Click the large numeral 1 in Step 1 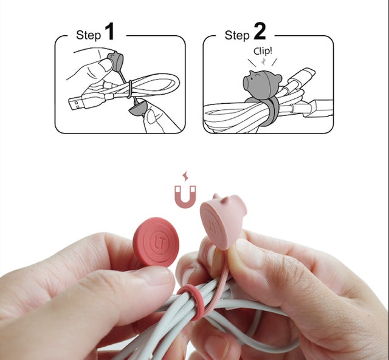coord(109,32)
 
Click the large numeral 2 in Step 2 coord(260,31)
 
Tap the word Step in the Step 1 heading coord(88,35)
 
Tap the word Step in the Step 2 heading coord(236,35)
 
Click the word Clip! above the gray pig coord(263,51)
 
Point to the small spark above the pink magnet coord(185,177)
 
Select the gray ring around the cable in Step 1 coord(129,89)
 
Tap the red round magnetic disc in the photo coord(156,242)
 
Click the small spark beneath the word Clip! coord(263,62)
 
